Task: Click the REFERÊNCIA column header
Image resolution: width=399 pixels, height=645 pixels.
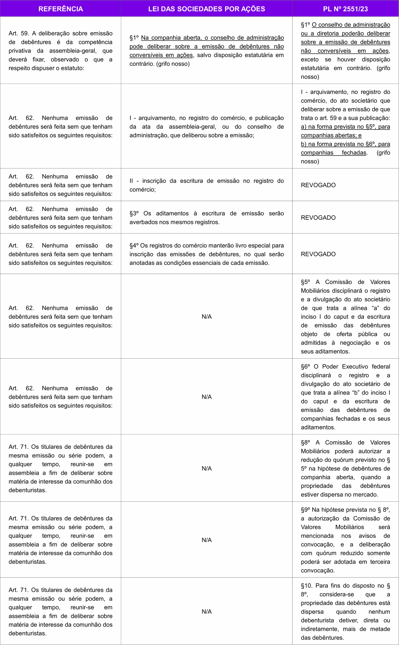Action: click(61, 9)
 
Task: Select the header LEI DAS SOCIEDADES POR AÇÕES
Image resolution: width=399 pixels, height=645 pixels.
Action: click(207, 9)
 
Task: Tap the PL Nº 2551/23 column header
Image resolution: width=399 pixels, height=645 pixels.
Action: click(345, 9)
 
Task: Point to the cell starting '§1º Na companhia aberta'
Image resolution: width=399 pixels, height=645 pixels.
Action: click(207, 50)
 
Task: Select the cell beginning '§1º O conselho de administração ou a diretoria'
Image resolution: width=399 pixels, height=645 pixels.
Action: click(345, 50)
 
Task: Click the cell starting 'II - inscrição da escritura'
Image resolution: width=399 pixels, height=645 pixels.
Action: click(207, 185)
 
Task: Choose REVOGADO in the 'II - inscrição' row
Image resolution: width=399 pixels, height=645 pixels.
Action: click(318, 185)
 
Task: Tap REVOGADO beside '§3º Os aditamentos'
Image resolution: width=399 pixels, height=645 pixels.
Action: click(318, 218)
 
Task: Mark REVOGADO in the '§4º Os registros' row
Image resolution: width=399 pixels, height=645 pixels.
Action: click(318, 254)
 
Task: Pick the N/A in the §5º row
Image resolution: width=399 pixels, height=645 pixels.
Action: click(207, 317)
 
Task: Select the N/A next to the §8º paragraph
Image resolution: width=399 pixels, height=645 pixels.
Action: click(207, 468)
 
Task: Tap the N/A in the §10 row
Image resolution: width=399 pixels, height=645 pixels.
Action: click(207, 611)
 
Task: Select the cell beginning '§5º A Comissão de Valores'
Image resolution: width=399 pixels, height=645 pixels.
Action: click(345, 317)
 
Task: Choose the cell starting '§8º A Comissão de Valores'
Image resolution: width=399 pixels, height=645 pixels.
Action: click(345, 468)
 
